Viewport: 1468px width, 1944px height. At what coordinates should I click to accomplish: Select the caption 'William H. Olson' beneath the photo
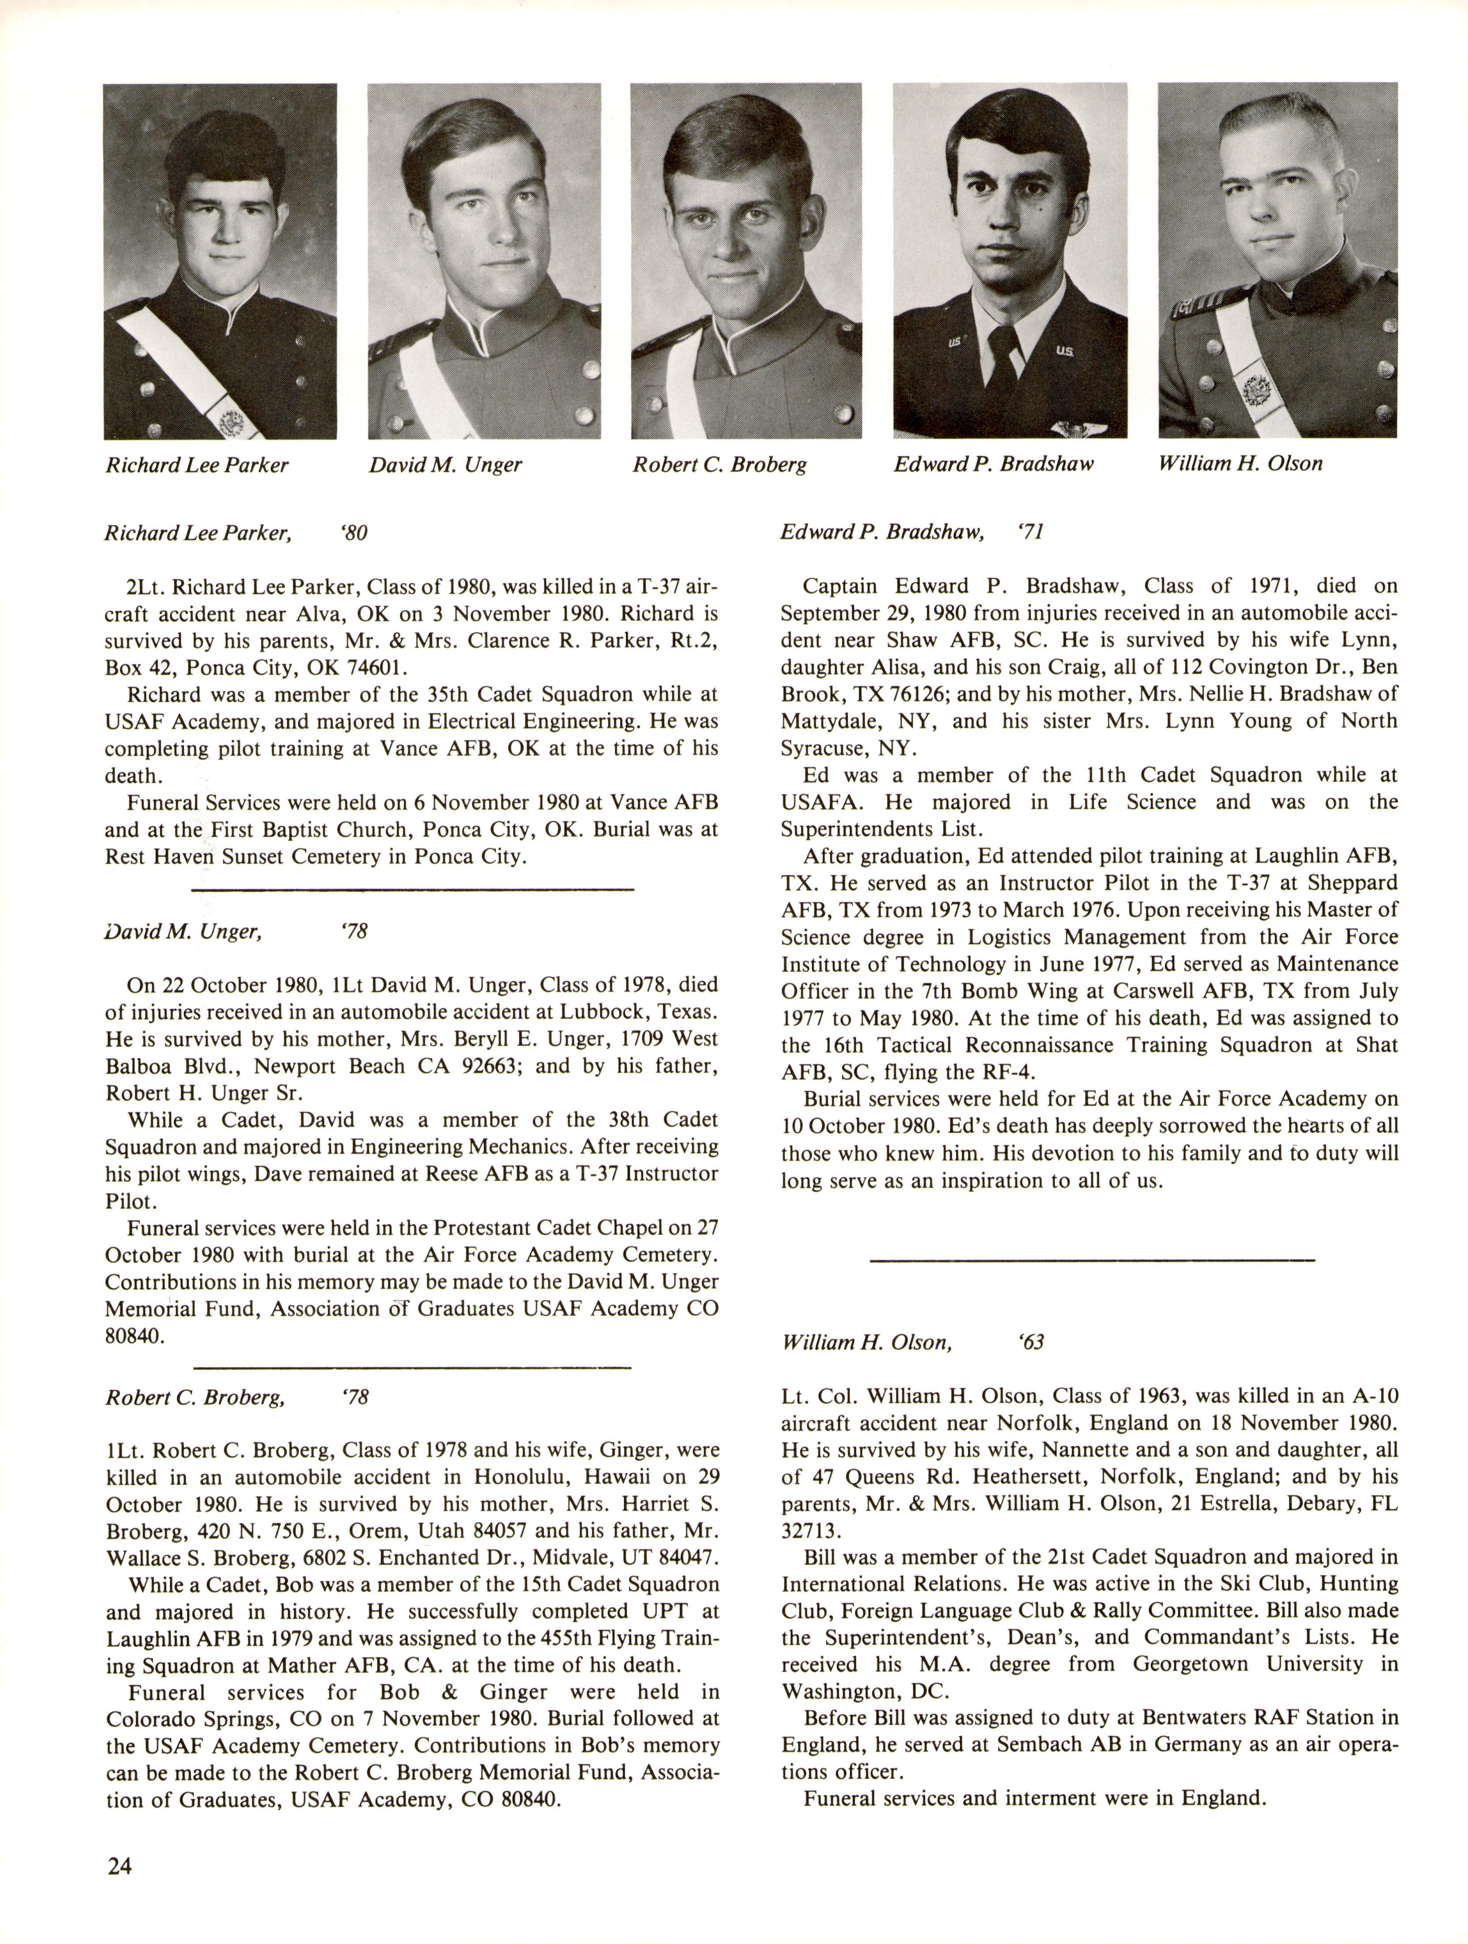[1240, 463]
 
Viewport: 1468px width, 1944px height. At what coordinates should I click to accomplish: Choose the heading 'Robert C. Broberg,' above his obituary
[195, 1397]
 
